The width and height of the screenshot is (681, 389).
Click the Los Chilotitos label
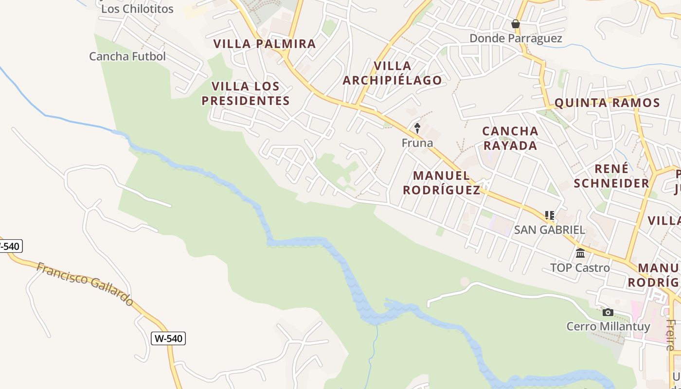coord(137,9)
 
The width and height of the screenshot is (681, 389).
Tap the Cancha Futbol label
coord(127,56)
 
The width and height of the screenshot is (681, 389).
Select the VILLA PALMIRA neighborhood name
coord(265,43)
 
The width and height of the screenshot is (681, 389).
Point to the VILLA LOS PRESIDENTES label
coord(246,93)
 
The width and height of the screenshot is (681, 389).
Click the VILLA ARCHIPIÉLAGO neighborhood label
coord(392,73)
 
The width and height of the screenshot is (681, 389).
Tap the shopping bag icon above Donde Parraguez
coord(516,24)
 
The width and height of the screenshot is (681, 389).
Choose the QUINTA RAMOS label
coord(607,103)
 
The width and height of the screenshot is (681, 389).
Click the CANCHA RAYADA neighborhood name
coord(510,138)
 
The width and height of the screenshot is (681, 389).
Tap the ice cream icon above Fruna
coord(417,128)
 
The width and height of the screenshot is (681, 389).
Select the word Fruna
coord(417,143)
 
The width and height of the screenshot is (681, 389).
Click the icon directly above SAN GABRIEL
coord(550,215)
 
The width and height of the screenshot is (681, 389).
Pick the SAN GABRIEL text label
coord(550,230)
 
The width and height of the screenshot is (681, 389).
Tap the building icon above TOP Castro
coord(580,253)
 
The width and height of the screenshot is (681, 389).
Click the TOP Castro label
coord(580,268)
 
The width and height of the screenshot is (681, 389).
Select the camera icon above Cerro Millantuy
coord(608,312)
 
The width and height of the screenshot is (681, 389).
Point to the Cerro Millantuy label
coord(608,326)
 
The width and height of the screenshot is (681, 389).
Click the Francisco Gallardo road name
coord(85,284)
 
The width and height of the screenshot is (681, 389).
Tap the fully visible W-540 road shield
coord(168,338)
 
